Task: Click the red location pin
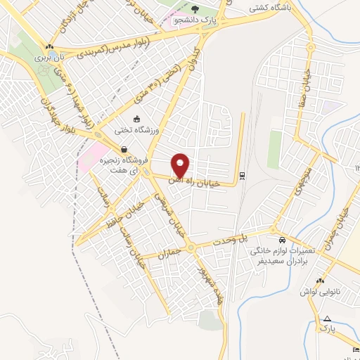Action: tap(181, 166)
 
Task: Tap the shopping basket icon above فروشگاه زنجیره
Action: tap(124, 149)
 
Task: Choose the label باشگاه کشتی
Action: tap(267, 10)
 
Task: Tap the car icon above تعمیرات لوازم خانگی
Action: tap(281, 238)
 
